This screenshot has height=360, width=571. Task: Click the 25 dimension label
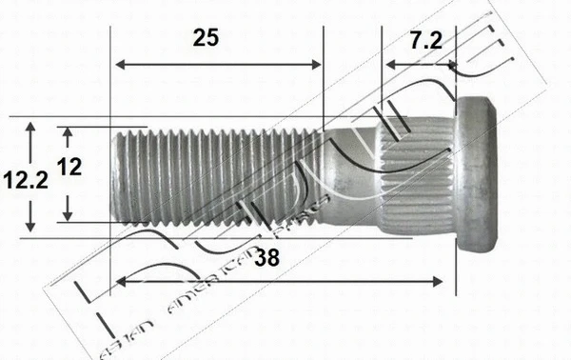tap(206, 38)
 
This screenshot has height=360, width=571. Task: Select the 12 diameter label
tap(69, 168)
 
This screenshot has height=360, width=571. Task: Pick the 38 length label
tap(267, 255)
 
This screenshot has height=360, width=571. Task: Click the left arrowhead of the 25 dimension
tap(118, 65)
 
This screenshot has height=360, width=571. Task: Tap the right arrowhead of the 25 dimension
tap(318, 65)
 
